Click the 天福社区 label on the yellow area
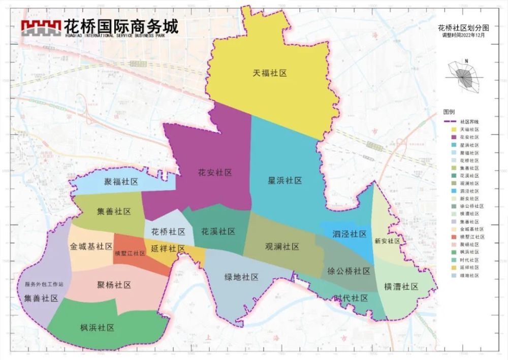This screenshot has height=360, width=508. tap(270, 73)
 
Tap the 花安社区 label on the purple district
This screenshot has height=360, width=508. tap(215, 173)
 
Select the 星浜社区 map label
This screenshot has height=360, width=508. tap(285, 180)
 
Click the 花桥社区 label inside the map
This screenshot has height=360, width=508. tap(169, 232)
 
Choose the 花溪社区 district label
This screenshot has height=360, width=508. tap(218, 232)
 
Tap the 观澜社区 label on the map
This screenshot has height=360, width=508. tap(282, 246)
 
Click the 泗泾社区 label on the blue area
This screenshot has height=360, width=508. tap(350, 234)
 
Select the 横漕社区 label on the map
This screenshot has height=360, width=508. tap(401, 287)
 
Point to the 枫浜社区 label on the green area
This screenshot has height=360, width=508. tap(97, 327)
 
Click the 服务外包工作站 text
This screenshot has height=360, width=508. tap(44, 285)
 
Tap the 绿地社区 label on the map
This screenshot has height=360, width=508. tap(242, 277)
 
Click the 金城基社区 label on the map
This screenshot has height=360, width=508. tap(91, 246)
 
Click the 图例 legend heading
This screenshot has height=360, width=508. tap(449, 111)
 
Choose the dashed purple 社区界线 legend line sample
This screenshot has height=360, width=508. tap(450, 122)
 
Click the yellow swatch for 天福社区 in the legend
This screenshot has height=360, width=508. tap(450, 130)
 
